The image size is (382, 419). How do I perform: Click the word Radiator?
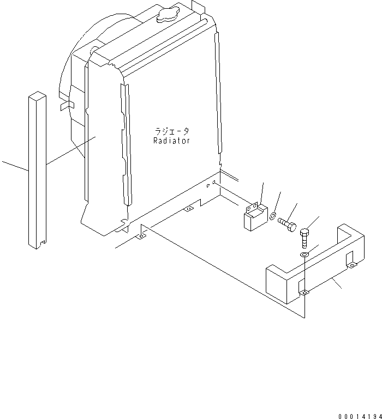pos(171,141)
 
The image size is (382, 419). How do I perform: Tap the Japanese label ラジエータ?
pos(171,131)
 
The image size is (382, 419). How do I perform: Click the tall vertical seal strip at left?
pos(37,169)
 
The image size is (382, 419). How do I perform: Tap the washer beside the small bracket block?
pos(272,216)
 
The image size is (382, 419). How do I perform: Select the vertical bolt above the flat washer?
pos(305,237)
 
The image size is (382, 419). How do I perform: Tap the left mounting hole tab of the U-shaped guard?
pos(305,293)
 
